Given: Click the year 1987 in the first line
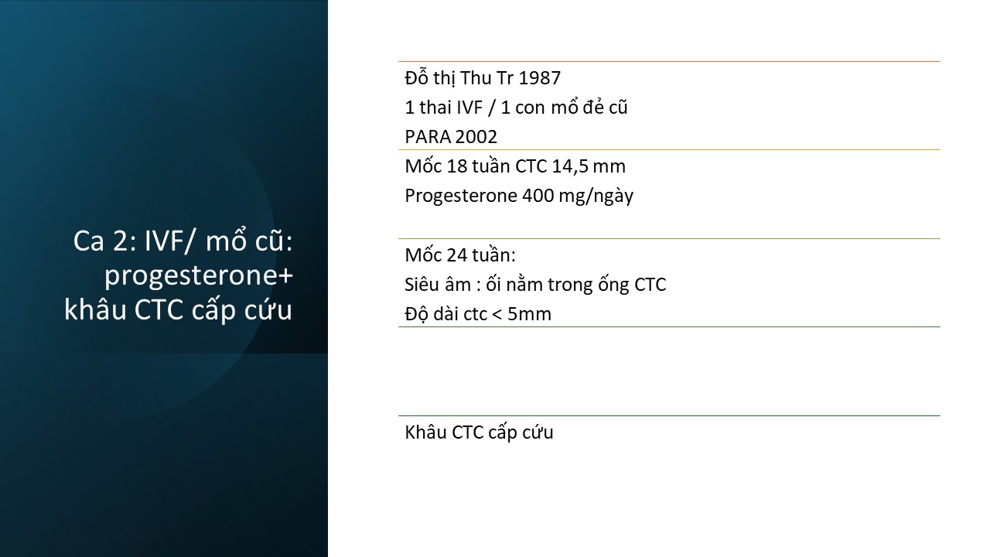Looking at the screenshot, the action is click(539, 78).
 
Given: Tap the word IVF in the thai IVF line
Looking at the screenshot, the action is click(469, 108).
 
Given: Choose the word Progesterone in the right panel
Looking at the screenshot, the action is click(461, 196).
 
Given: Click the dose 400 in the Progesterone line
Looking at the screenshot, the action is click(538, 196).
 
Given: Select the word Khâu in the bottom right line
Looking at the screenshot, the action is click(425, 432).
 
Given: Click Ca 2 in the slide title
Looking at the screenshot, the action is click(101, 241).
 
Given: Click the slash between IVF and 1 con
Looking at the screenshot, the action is click(491, 108).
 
